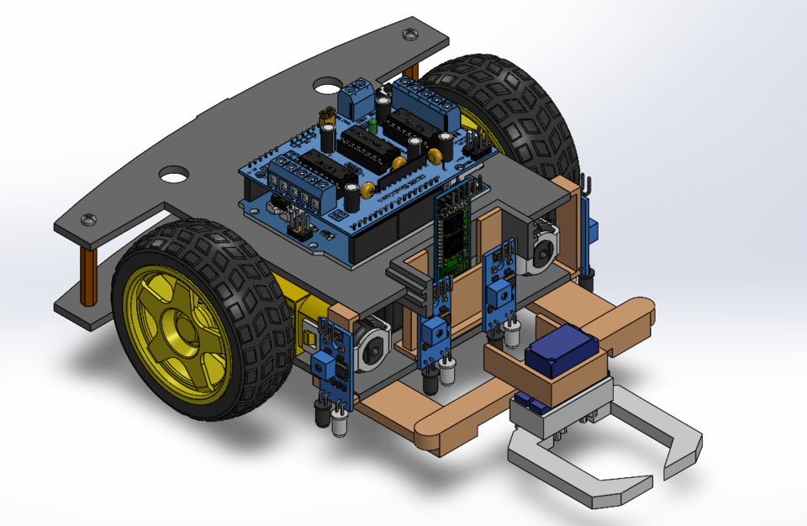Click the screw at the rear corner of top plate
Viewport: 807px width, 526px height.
[409, 34]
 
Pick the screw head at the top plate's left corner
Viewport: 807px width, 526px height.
[88, 219]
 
